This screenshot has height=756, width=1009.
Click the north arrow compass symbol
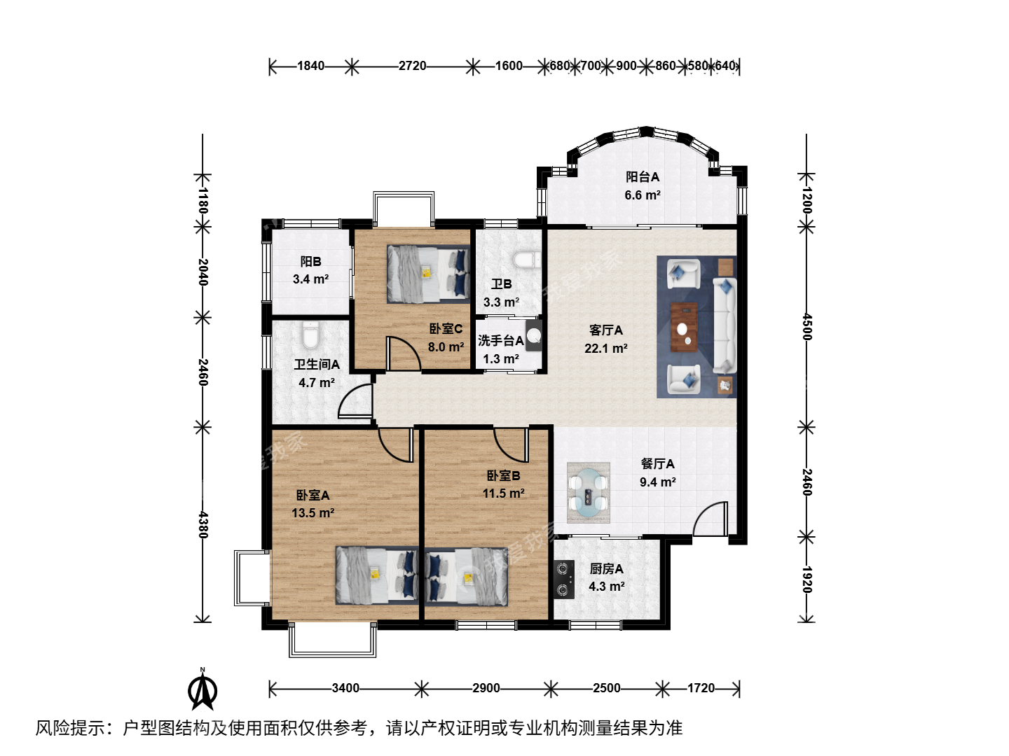click(203, 690)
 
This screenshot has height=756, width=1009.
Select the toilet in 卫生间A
click(310, 335)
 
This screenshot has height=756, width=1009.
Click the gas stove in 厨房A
click(564, 580)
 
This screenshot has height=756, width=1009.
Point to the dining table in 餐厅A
click(589, 493)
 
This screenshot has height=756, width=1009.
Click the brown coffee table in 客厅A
click(684, 328)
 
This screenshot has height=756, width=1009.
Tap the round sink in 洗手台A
click(534, 335)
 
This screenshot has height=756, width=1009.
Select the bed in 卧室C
click(428, 274)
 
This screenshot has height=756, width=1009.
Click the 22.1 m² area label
click(606, 349)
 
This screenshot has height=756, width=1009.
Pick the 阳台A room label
click(643, 176)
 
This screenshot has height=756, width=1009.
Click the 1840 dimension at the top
click(310, 66)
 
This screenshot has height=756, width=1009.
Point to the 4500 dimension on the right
click(807, 327)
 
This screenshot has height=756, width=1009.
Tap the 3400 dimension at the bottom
click(345, 688)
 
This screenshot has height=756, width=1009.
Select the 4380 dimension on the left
click(203, 525)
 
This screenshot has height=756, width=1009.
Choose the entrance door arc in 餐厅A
click(711, 519)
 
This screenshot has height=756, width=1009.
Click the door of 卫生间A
click(355, 401)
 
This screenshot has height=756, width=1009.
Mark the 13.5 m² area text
click(313, 512)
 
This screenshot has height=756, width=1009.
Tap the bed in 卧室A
click(376, 575)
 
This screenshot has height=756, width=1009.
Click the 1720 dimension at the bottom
click(701, 688)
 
